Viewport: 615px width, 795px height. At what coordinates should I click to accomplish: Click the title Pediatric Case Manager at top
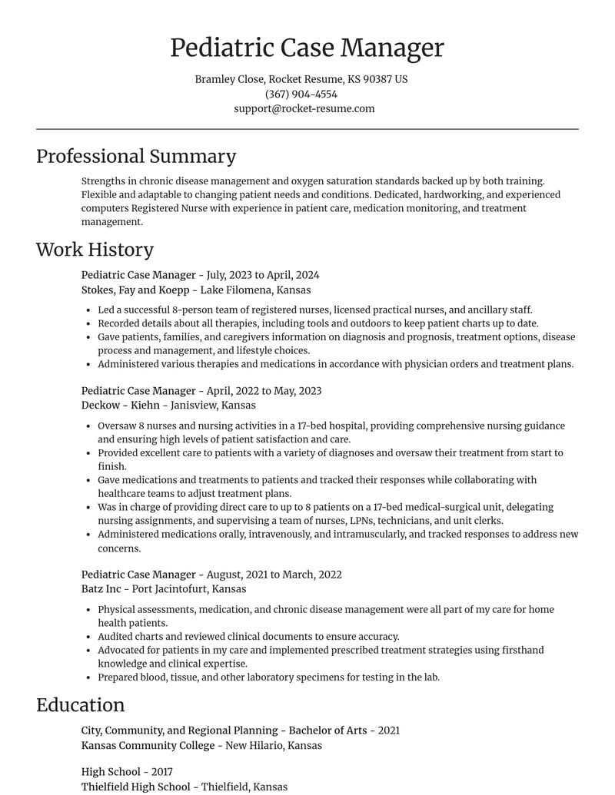tap(307, 48)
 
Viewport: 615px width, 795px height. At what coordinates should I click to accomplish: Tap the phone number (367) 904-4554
tap(301, 94)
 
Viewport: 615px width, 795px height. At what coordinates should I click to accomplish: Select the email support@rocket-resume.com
tap(304, 108)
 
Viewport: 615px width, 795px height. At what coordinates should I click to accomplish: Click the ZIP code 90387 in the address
tap(377, 79)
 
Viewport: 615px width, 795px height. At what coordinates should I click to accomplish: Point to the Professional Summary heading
tap(136, 156)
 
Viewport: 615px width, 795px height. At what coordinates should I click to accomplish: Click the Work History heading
tap(95, 249)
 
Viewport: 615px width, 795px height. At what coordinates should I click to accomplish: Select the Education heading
tap(80, 704)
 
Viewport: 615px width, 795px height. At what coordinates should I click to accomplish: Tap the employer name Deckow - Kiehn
tap(121, 405)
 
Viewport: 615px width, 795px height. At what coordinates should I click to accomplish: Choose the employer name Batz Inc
tap(101, 588)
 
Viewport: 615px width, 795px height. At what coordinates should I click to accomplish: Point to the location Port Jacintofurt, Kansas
tap(189, 588)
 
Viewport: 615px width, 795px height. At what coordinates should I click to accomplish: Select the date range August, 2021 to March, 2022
tap(274, 575)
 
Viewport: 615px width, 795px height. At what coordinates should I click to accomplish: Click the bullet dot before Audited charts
tap(90, 637)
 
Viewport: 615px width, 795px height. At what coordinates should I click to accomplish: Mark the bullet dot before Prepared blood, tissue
tap(90, 677)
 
